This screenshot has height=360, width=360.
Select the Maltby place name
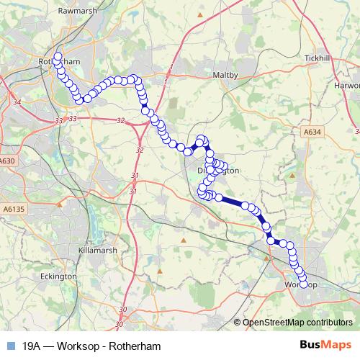[225, 75]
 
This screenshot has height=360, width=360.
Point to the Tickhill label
[316, 58]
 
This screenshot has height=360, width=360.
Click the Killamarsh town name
[95, 249]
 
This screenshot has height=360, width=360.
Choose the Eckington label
[58, 276]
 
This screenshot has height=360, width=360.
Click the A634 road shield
[311, 132]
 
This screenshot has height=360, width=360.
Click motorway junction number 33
[72, 118]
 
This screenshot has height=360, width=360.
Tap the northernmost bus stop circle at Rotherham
[58, 56]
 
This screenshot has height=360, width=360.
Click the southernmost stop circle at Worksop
[303, 284]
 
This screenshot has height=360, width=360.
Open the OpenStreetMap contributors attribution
[297, 323]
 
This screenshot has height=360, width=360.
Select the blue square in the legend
[10, 345]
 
